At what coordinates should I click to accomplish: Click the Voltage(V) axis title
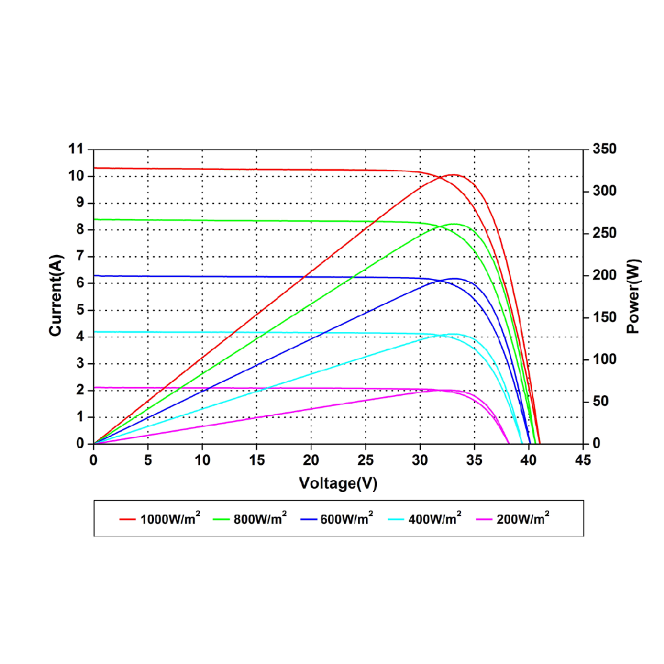(x=338, y=483)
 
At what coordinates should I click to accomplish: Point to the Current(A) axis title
(x=57, y=295)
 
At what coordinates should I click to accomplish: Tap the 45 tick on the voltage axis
(x=583, y=459)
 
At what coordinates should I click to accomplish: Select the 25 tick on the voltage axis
(x=365, y=459)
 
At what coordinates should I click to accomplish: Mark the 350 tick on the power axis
(x=605, y=149)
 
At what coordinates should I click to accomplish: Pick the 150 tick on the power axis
(x=605, y=317)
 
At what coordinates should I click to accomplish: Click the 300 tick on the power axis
(x=605, y=191)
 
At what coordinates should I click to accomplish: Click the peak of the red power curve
(x=453, y=175)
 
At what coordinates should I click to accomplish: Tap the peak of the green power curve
(x=454, y=224)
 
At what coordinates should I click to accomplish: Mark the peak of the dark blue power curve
(x=454, y=279)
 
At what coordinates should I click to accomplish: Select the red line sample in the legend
(x=127, y=519)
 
